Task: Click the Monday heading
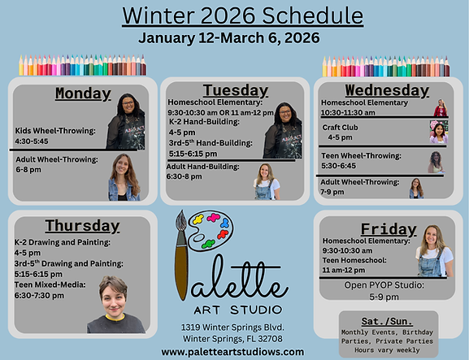tap(83, 93)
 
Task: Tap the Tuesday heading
tap(235, 89)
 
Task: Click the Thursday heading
tap(82, 225)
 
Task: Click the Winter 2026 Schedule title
tap(242, 15)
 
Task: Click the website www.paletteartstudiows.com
tap(232, 352)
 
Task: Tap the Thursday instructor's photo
tap(114, 303)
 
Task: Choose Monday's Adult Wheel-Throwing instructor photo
tap(124, 177)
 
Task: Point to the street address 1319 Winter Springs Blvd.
tap(232, 326)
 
